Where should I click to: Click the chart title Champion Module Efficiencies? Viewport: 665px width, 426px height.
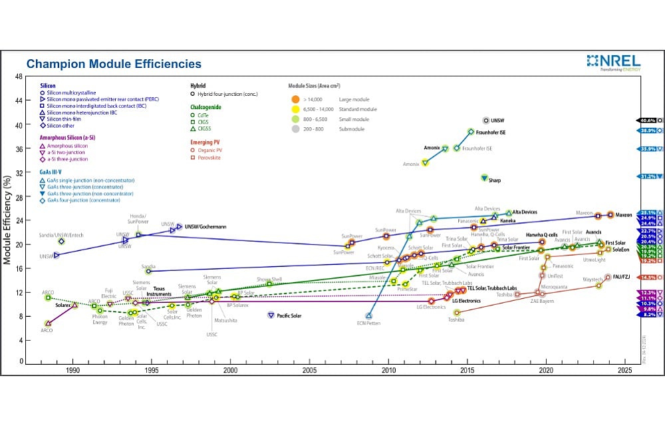point(113,65)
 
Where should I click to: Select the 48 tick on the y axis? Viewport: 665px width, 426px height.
point(19,77)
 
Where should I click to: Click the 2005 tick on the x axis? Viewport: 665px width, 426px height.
point(309,369)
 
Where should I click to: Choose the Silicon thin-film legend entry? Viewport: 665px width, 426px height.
point(63,118)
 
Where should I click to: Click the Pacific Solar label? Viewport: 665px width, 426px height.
point(289,316)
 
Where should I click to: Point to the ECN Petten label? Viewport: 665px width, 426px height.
point(370,323)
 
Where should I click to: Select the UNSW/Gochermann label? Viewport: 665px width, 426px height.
point(206,227)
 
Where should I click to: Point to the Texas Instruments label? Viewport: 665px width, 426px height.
point(159,292)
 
